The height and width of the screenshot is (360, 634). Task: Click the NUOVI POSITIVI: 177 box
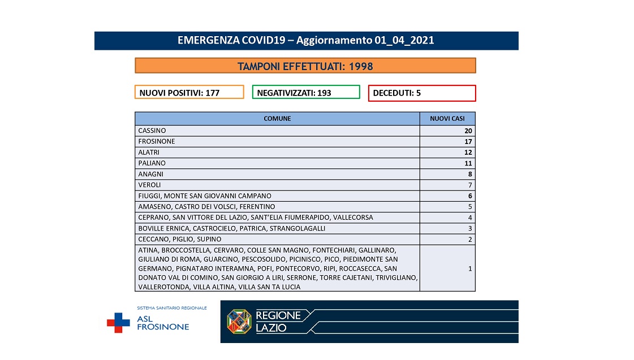(189, 92)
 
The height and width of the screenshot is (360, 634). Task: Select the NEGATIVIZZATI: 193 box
(305, 92)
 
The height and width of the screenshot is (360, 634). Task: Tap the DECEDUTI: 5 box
(421, 93)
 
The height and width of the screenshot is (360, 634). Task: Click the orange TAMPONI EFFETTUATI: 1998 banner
(305, 66)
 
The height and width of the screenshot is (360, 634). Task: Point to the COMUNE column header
(277, 119)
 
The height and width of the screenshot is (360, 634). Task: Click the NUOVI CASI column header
(447, 119)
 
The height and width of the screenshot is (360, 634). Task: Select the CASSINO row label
(152, 131)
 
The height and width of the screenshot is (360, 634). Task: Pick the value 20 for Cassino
(468, 131)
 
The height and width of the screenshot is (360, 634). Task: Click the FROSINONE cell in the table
(157, 141)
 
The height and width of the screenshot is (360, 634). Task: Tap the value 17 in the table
(468, 141)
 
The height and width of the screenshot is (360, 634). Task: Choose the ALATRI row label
(148, 153)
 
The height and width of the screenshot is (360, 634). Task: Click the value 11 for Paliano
(468, 163)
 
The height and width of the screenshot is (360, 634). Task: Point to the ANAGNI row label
(150, 174)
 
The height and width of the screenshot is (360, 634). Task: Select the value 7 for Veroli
(469, 185)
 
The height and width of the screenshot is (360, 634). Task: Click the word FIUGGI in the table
(149, 196)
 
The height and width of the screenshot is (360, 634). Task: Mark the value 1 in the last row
(470, 268)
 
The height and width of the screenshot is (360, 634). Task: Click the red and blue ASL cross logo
(118, 322)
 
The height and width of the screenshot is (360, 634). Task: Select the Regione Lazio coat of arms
(239, 321)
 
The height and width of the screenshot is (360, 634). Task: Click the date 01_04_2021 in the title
(404, 41)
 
